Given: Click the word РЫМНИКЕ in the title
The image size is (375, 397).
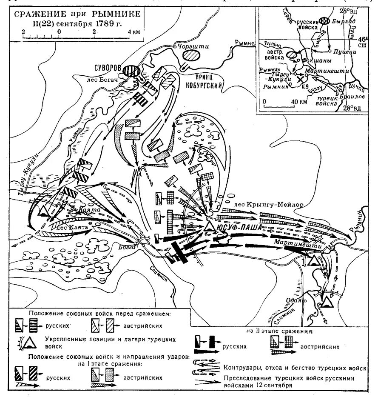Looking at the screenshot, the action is tap(115, 14).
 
